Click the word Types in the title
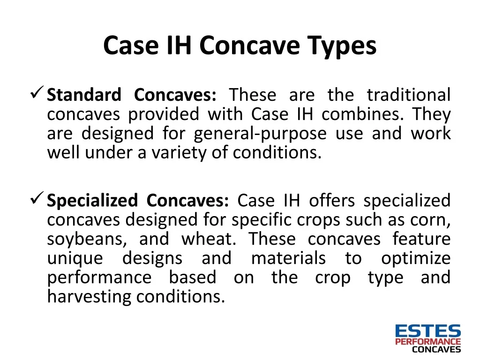point(342,46)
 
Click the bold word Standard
point(84,95)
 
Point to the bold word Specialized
point(92,201)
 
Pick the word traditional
point(408,95)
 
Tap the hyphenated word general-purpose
point(260,134)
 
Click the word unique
point(75,259)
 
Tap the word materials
point(288,259)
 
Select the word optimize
point(415,259)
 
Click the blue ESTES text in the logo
point(428,331)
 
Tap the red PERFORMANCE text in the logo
point(428,342)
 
